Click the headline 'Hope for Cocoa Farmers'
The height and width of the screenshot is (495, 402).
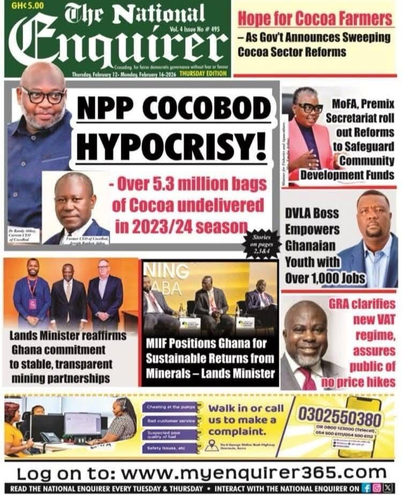[315, 19]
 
